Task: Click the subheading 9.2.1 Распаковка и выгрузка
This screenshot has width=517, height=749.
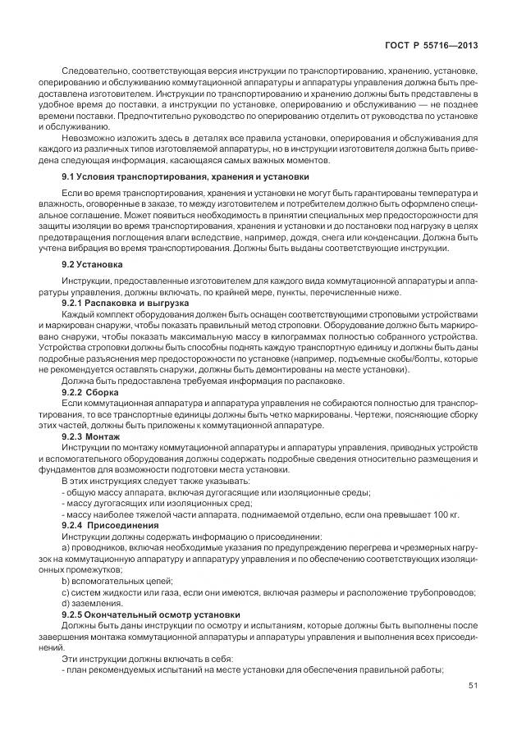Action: tap(126, 304)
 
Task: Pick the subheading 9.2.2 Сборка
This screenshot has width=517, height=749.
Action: tap(97, 392)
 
